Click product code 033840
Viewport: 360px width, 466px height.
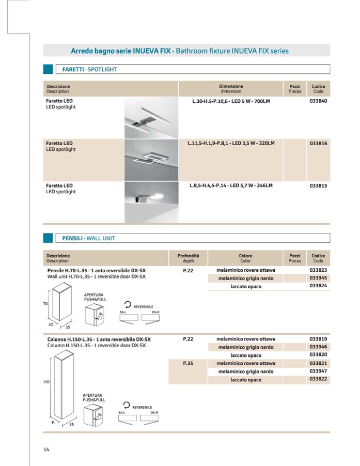tap(318, 101)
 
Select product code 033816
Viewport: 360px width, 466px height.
tap(318, 143)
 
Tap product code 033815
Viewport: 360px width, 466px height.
tap(318, 185)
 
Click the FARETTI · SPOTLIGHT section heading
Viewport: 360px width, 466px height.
tap(89, 69)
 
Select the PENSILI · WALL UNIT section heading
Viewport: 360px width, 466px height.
tap(88, 238)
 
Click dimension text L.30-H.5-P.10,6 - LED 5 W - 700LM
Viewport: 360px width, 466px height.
tap(231, 101)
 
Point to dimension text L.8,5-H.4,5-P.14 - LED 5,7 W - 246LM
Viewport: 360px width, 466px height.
tap(231, 185)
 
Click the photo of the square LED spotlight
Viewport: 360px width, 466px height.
tap(151, 159)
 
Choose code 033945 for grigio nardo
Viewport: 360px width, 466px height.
tap(318, 278)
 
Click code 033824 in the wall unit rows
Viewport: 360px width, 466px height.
tap(318, 286)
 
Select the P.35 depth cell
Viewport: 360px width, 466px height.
tap(188, 363)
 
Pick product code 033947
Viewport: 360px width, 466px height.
tap(318, 371)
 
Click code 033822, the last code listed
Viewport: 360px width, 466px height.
tap(318, 380)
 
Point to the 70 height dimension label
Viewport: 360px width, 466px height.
tap(45, 304)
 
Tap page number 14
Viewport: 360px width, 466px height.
tap(46, 449)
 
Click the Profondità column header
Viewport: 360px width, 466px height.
tap(188, 258)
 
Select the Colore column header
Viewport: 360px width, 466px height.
tap(245, 258)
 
